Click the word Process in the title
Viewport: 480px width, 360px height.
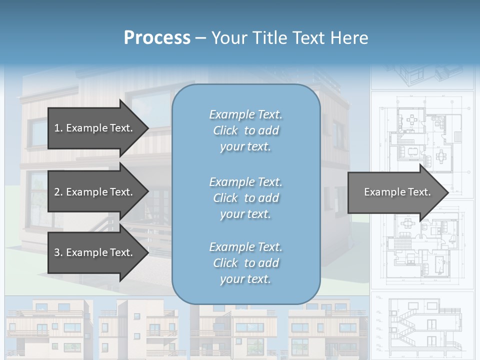[157, 38]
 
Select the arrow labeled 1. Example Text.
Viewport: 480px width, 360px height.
[95, 128]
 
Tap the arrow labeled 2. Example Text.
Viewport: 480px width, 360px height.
[95, 192]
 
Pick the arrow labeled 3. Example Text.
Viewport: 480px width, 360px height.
[95, 252]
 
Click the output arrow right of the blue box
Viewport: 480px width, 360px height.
[397, 192]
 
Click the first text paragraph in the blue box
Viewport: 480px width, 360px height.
[245, 130]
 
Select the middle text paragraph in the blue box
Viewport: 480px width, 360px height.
[245, 197]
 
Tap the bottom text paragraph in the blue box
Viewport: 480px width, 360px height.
[245, 263]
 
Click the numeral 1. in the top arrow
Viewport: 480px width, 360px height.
[58, 128]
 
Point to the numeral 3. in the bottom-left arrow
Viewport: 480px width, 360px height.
[58, 252]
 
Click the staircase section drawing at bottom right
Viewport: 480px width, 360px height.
[422, 325]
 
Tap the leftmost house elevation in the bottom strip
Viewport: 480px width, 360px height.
[47, 327]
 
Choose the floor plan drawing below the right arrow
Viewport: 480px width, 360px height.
[422, 245]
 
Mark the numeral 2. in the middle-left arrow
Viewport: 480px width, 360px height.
[58, 192]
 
